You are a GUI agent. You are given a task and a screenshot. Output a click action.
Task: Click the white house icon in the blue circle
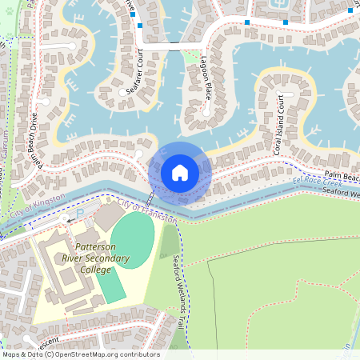click(179, 172)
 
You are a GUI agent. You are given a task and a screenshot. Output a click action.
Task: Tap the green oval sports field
click(131, 240)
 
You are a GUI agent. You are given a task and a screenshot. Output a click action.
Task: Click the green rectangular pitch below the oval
click(112, 286)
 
